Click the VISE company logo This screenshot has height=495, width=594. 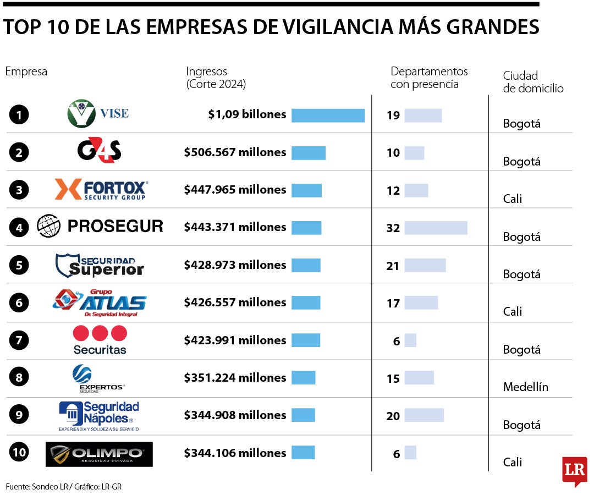coord(98,114)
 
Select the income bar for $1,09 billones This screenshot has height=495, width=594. coord(328,115)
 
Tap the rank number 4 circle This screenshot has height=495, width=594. coord(19,228)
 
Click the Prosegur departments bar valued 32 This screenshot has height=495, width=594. coord(436,228)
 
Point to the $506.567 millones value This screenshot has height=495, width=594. coord(235,152)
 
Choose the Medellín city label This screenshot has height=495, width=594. coord(525,387)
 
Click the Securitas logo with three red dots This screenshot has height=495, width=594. coord(100,340)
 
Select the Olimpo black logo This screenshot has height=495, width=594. coord(99,454)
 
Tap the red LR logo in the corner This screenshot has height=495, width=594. coord(574,471)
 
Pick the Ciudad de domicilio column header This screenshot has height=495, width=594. coord(532,82)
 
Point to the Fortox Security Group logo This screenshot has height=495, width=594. coord(101,189)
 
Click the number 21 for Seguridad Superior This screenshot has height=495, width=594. coord(393,266)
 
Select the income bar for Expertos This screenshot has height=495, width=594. coord(303,378)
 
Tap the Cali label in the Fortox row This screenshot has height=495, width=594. coord(512,199)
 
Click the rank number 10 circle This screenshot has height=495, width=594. coord(19,453)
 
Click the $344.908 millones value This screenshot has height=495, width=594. coord(235,415)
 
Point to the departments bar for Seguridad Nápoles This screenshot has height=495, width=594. coord(424,415)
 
